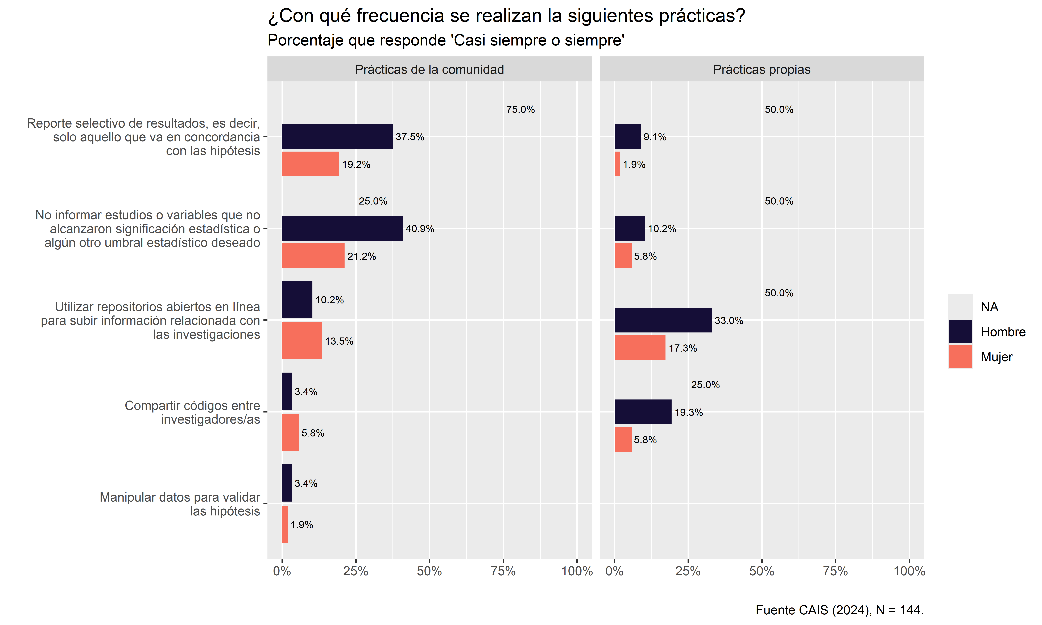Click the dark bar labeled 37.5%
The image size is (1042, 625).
click(x=337, y=136)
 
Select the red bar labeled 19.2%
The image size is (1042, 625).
click(x=310, y=164)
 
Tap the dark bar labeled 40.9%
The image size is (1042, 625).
click(x=342, y=228)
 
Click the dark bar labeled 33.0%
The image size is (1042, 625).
click(x=663, y=320)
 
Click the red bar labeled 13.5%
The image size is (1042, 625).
click(x=302, y=341)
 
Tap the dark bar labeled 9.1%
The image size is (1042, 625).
click(x=628, y=136)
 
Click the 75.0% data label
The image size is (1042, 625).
click(x=521, y=110)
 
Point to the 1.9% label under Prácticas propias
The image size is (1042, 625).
click(x=634, y=165)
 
